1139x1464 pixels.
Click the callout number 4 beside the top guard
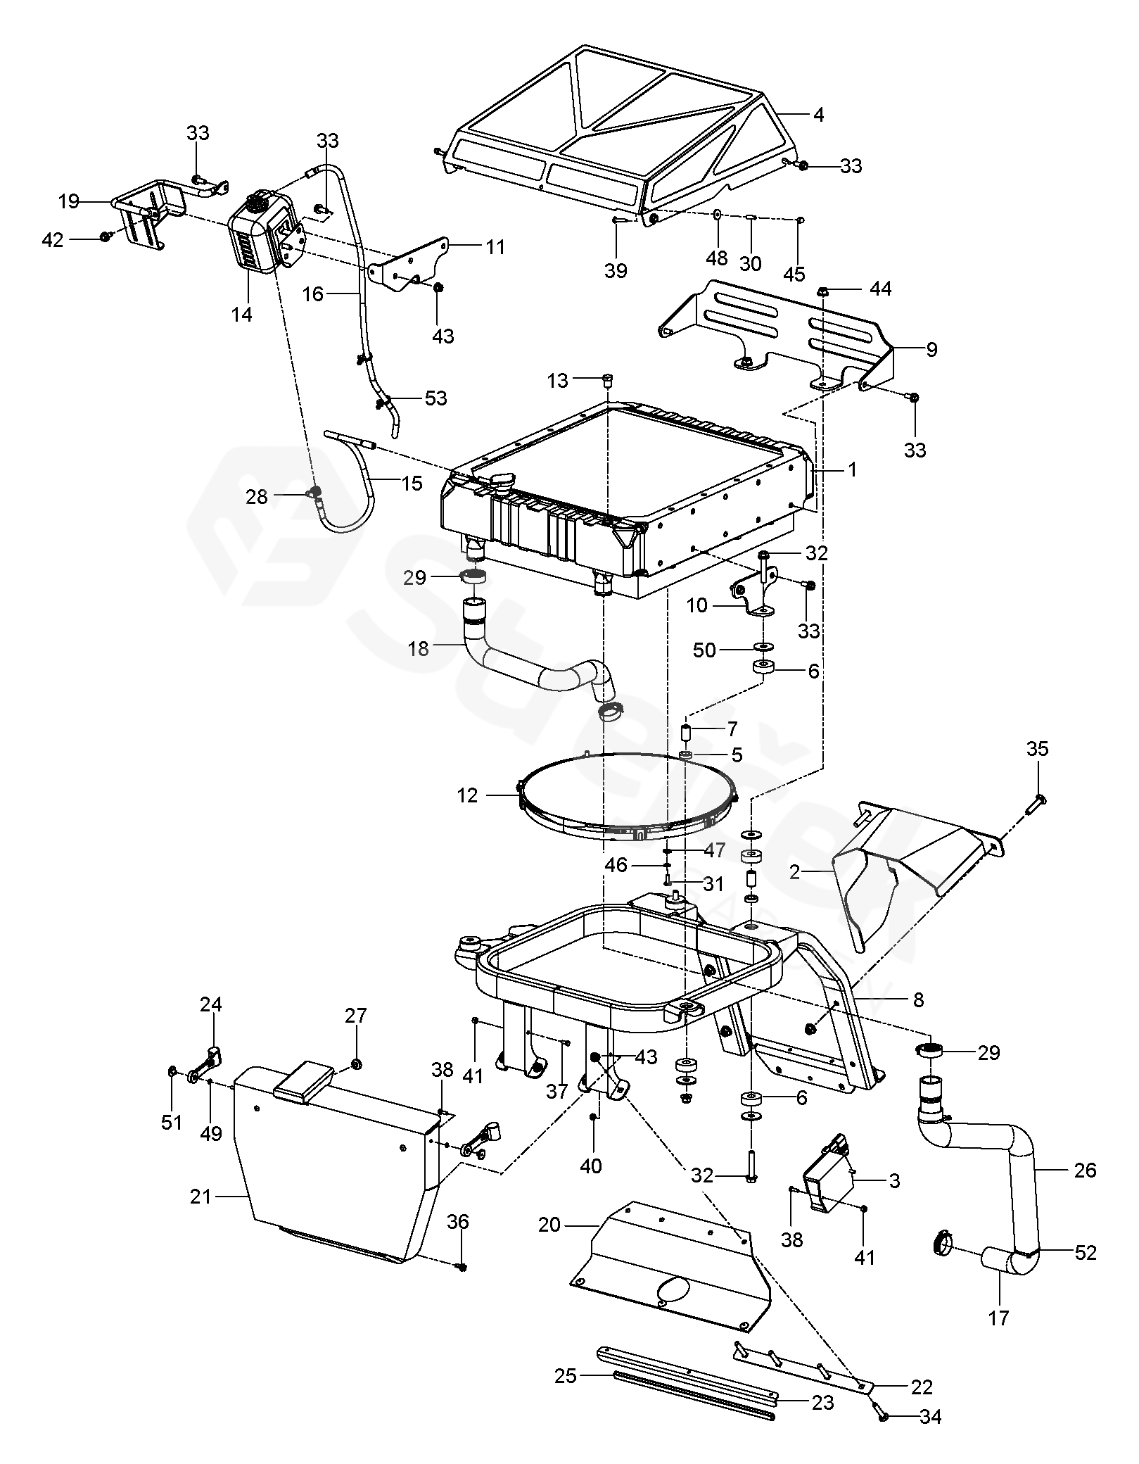(818, 114)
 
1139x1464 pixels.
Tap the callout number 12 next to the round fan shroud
(467, 796)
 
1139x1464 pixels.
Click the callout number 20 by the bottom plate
(549, 1225)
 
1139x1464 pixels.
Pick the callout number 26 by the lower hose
(1086, 1170)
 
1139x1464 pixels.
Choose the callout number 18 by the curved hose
(418, 648)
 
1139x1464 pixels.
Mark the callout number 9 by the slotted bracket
(931, 350)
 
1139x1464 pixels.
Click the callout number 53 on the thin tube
(436, 398)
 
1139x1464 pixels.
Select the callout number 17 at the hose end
(999, 1318)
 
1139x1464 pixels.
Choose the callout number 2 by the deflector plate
(794, 873)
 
